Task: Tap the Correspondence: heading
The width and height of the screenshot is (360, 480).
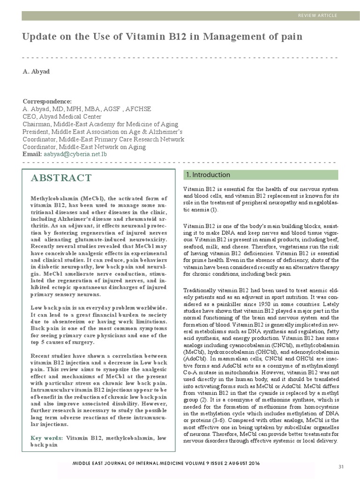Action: click(x=47, y=102)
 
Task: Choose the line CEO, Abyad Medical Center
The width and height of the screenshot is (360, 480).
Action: click(x=62, y=117)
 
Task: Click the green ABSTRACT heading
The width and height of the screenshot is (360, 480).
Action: click(x=61, y=178)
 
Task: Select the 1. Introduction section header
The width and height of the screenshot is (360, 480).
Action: click(x=208, y=175)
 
